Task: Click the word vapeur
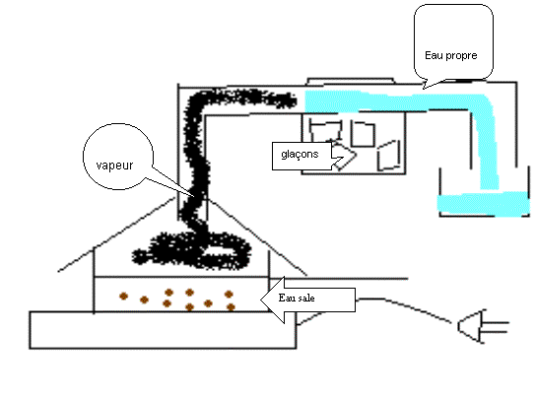click(114, 166)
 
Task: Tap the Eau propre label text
click(451, 55)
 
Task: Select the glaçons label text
click(300, 155)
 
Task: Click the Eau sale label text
click(297, 298)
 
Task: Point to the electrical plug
click(483, 326)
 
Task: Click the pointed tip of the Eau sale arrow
click(261, 300)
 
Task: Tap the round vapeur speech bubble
click(118, 157)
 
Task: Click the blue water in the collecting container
click(484, 204)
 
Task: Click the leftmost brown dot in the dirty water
click(123, 297)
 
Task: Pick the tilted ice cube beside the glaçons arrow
click(344, 157)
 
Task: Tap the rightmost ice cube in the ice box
click(389, 156)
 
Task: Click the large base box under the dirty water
click(163, 330)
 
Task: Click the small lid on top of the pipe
click(351, 81)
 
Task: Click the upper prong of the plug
click(495, 322)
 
